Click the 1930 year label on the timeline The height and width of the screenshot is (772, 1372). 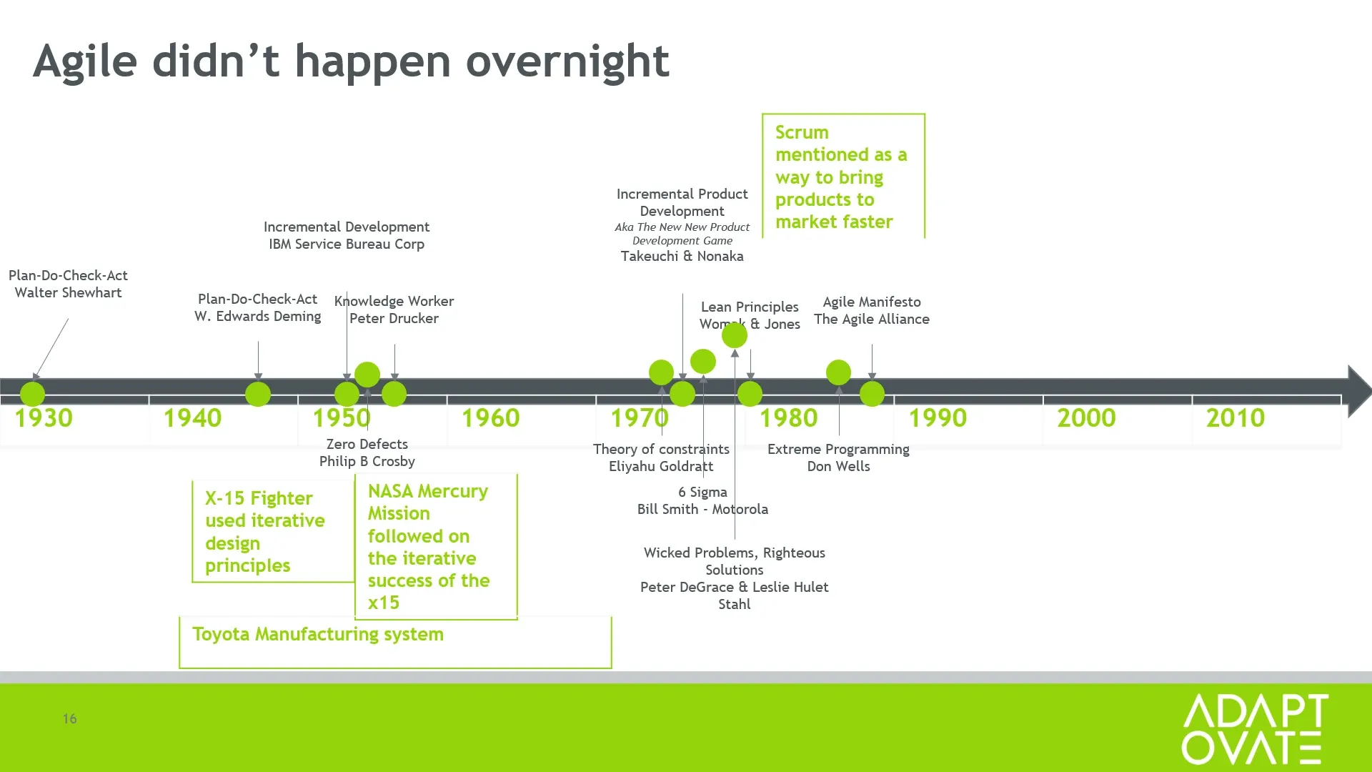(44, 418)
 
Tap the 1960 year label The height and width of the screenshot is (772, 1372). (490, 418)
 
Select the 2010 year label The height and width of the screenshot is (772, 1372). (1236, 418)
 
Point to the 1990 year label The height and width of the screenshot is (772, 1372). (938, 418)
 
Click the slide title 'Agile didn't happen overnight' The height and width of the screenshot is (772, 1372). (351, 61)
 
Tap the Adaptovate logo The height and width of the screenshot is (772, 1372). (1255, 728)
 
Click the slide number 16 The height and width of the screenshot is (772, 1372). (69, 718)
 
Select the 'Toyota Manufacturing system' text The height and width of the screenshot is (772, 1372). (318, 635)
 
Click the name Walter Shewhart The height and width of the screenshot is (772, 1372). (68, 292)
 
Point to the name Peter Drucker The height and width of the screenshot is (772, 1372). (394, 318)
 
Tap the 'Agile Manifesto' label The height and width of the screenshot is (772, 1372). (872, 302)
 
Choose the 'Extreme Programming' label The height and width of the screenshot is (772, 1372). (838, 450)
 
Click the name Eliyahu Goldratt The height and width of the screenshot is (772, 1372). (661, 467)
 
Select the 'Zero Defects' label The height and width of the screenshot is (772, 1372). (367, 444)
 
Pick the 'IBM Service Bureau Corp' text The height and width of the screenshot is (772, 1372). (347, 244)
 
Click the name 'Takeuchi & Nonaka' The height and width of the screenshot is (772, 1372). (682, 257)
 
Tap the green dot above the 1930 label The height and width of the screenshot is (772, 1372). (32, 394)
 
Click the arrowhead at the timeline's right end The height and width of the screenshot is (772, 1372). (1359, 391)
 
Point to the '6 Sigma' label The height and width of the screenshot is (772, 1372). (702, 493)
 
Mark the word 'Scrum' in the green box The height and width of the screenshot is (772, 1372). (802, 133)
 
